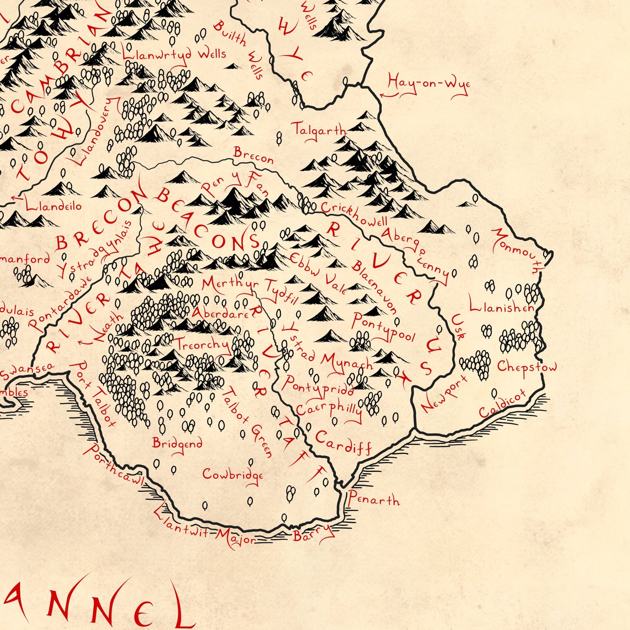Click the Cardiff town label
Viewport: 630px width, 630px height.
coord(343,442)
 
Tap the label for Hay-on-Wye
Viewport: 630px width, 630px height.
coord(429,84)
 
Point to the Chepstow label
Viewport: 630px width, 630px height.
coord(527,368)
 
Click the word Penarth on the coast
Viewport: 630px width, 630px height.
coord(373,499)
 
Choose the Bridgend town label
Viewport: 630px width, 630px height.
coord(177,443)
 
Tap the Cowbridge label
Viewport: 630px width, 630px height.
coord(233,474)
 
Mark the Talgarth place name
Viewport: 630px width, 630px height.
coord(319,130)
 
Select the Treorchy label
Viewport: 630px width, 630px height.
coord(202,344)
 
